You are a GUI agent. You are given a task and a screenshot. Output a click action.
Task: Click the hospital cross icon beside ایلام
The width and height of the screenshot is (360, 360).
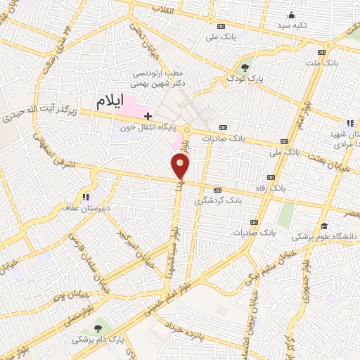[148, 115]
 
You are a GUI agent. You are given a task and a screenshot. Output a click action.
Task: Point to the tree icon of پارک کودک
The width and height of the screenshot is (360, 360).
[245, 67]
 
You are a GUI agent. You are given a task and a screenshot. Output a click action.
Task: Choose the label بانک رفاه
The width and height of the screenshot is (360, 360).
[287, 188]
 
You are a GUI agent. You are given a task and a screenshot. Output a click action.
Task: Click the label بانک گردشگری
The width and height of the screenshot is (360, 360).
[238, 200]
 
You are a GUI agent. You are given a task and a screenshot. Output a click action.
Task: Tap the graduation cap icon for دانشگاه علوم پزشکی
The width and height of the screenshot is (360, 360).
[324, 226]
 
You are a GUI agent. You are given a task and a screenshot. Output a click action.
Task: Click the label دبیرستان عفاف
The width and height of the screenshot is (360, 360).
[87, 208]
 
